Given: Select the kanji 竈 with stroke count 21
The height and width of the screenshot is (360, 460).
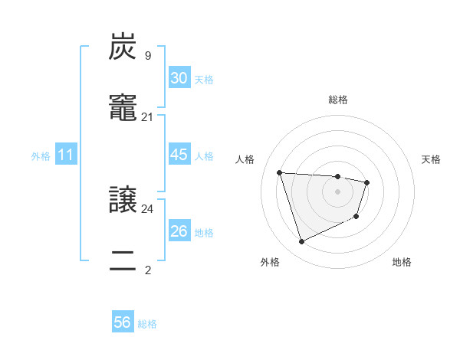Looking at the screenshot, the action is (x=123, y=109).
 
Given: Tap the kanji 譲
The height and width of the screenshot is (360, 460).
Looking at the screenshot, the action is (x=123, y=200).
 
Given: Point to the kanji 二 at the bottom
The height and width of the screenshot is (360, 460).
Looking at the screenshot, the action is (x=123, y=262).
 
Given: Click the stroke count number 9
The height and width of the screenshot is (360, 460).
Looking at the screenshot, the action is (x=148, y=55).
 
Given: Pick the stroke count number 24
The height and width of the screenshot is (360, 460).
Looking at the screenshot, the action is (x=148, y=208).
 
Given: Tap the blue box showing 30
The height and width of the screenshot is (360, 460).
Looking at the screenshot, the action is (x=179, y=78).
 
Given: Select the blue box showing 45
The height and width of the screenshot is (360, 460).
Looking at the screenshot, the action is (x=179, y=155).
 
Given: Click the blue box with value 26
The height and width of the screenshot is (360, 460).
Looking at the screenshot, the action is (x=179, y=231).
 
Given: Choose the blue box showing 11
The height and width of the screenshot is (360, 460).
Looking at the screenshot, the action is (x=66, y=155).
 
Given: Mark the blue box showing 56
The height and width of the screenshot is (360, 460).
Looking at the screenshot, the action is (x=123, y=322).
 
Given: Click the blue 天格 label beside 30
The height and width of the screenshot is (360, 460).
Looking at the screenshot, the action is (x=204, y=80).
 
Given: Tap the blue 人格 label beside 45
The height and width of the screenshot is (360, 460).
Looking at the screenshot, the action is (x=204, y=156).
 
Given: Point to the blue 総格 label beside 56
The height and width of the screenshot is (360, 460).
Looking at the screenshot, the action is (x=147, y=324).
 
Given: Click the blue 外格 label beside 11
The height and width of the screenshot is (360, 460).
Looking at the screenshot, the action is (x=41, y=156).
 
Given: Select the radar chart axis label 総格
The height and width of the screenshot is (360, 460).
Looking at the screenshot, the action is (x=338, y=100).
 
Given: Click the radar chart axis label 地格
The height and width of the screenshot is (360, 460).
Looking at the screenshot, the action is (x=402, y=262).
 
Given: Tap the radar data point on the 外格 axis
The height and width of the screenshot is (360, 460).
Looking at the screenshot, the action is (x=301, y=242).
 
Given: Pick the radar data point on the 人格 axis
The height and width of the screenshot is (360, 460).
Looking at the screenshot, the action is (x=280, y=172).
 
